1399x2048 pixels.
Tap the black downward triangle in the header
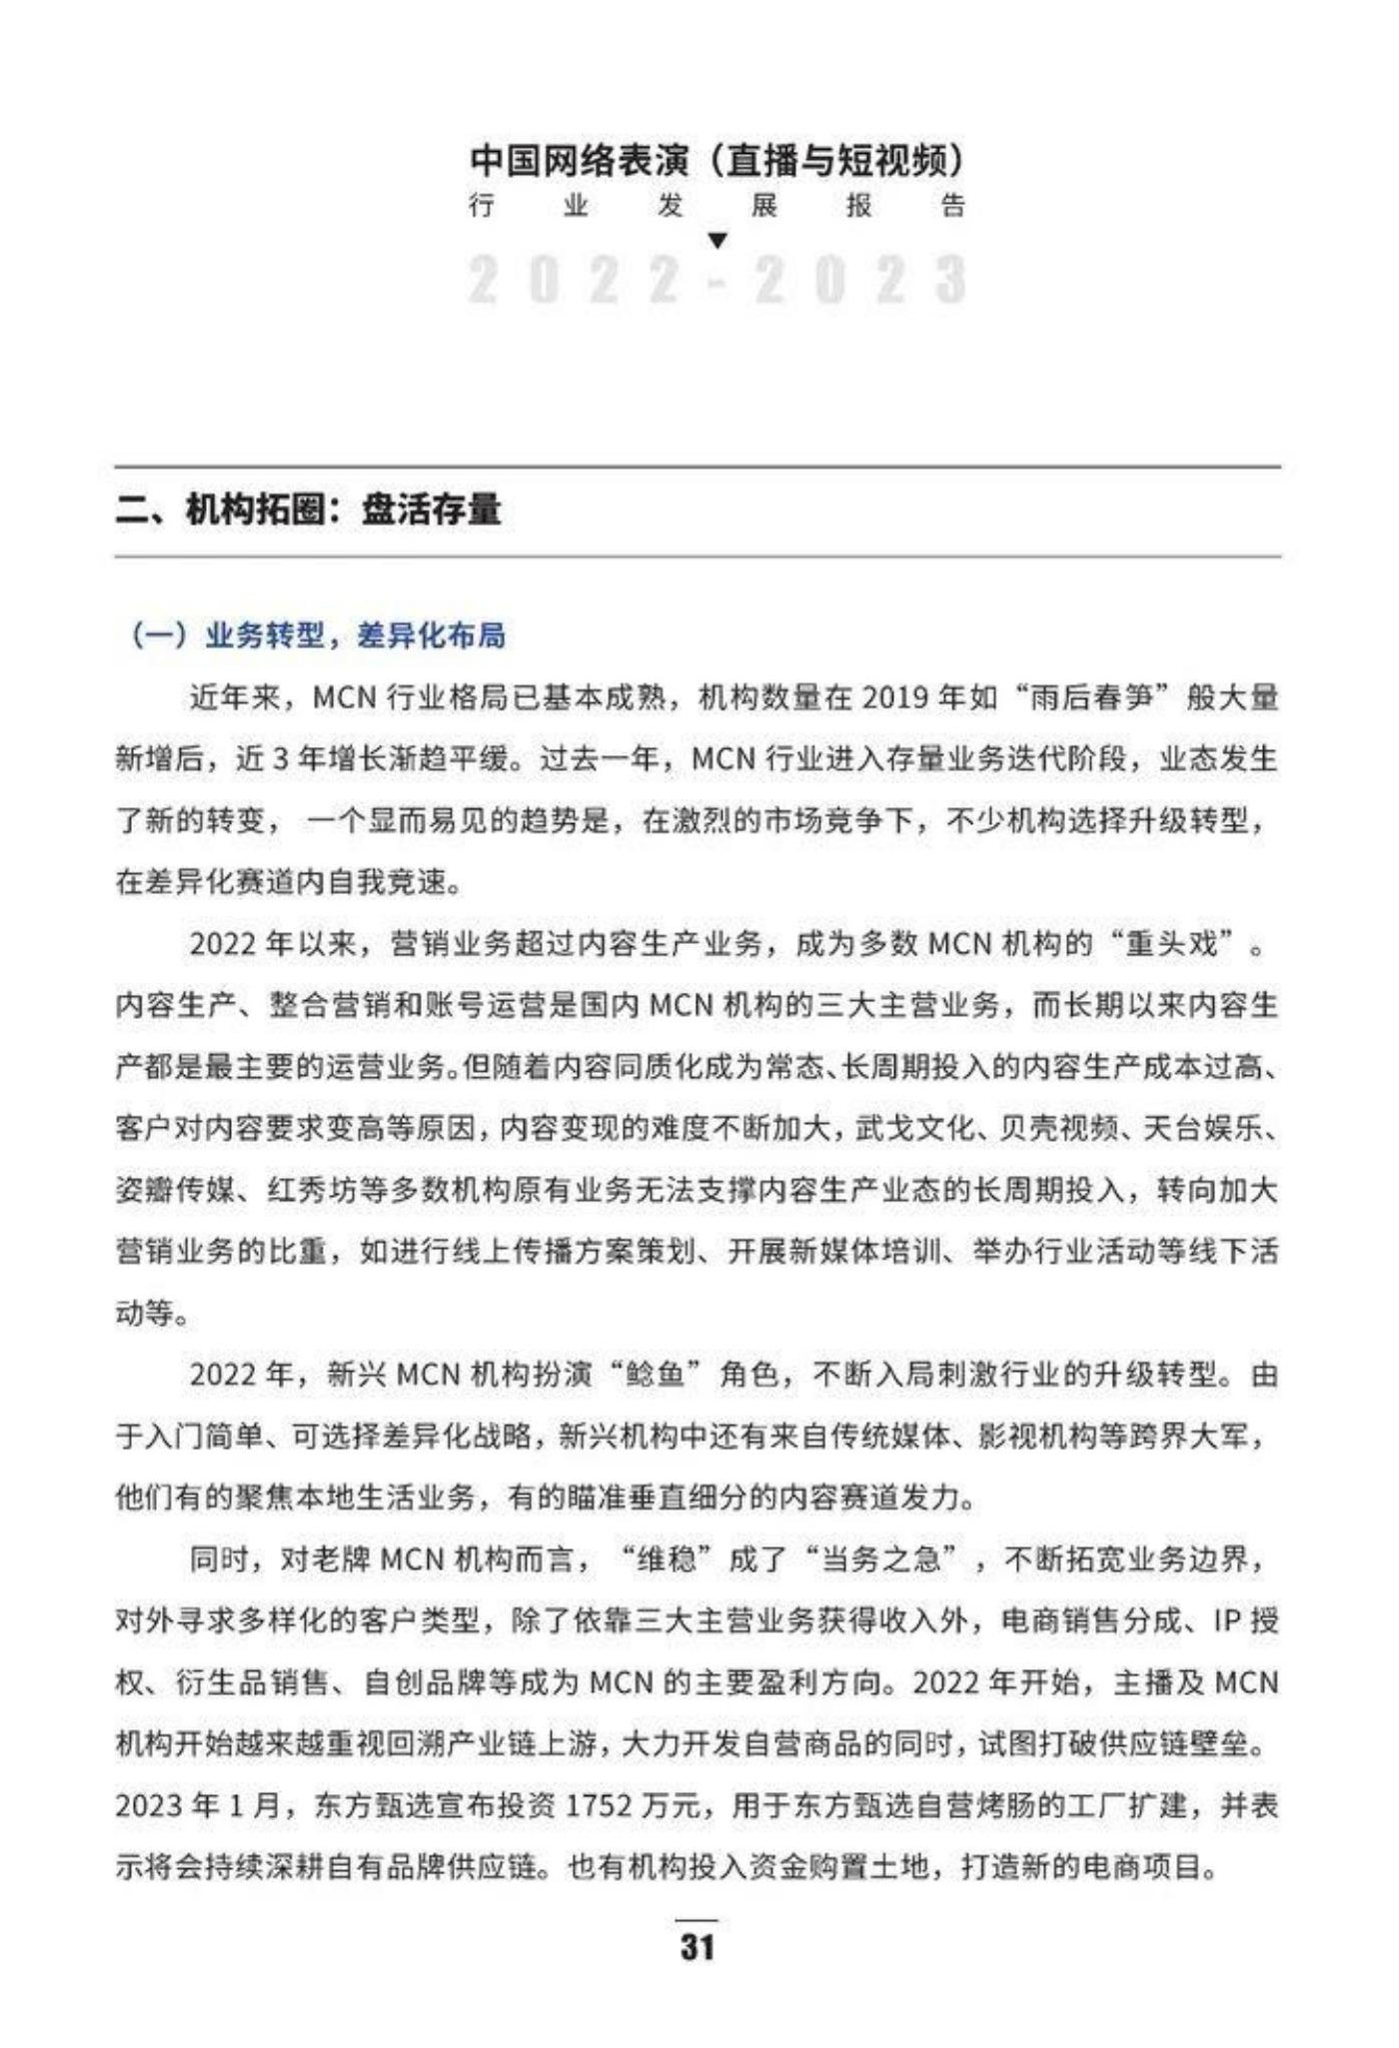[716, 240]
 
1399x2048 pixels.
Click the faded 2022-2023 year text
[716, 280]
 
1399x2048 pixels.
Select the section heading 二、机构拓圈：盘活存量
[308, 511]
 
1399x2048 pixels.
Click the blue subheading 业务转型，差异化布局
[355, 635]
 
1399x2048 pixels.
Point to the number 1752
[599, 1806]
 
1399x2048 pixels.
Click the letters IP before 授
[1226, 1620]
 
